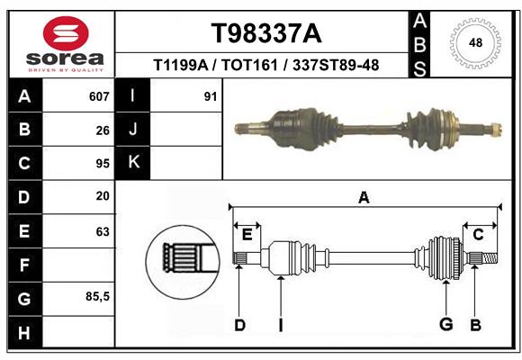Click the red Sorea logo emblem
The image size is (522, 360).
point(66,33)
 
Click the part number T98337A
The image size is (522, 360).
point(266,33)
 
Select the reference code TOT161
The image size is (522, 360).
point(249,65)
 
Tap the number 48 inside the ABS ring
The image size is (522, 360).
point(475,42)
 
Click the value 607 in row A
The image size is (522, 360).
point(99,96)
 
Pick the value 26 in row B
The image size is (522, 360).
point(103,130)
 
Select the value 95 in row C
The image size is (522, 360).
point(103,164)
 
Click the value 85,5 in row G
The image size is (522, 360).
point(97,296)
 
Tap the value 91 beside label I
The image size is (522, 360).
point(211,96)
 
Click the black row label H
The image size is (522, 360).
point(24,332)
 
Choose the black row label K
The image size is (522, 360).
point(133,163)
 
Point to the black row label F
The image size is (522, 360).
point(24,265)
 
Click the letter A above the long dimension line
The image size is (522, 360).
point(364,197)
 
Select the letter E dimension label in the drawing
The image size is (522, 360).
point(247,235)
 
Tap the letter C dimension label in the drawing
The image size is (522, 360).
point(478,235)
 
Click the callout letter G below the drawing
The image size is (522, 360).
point(446,324)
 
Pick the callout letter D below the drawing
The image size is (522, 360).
point(239,325)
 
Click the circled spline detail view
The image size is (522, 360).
point(183,262)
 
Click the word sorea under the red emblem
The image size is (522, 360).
point(65,58)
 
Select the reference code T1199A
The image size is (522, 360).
point(181,65)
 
